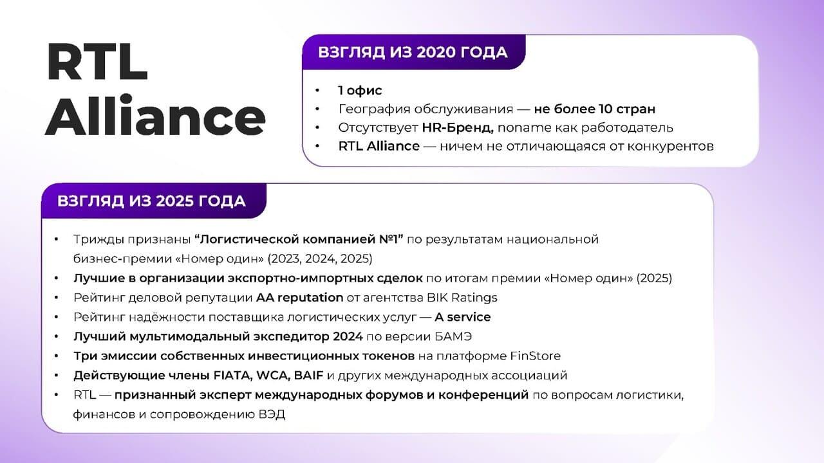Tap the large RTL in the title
pyautogui.click(x=97, y=61)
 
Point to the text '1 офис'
pyautogui.click(x=360, y=91)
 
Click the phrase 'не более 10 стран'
pyautogui.click(x=595, y=109)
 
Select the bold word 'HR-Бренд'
pyautogui.click(x=458, y=127)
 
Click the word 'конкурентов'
pyautogui.click(x=670, y=146)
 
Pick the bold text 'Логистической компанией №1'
pyautogui.click(x=299, y=240)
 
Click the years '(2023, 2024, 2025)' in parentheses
pyautogui.click(x=320, y=259)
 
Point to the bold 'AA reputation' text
pyautogui.click(x=299, y=298)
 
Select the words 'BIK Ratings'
pyautogui.click(x=462, y=298)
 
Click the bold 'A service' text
pyautogui.click(x=462, y=317)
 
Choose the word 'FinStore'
pyautogui.click(x=535, y=356)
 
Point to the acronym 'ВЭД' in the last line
pyautogui.click(x=272, y=415)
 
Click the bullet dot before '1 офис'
pyautogui.click(x=317, y=91)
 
